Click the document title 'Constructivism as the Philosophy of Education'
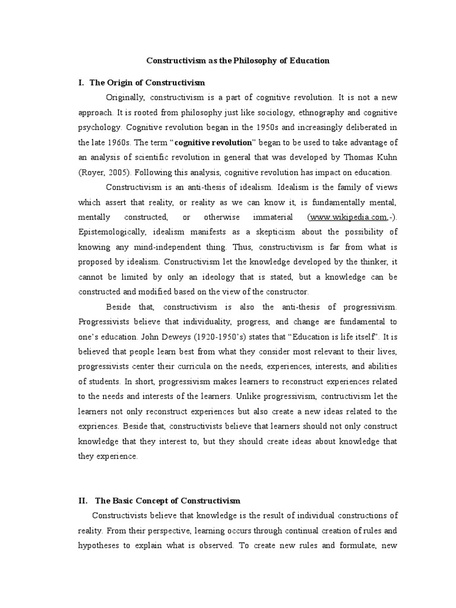point(237,61)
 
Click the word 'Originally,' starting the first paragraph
point(126,97)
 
